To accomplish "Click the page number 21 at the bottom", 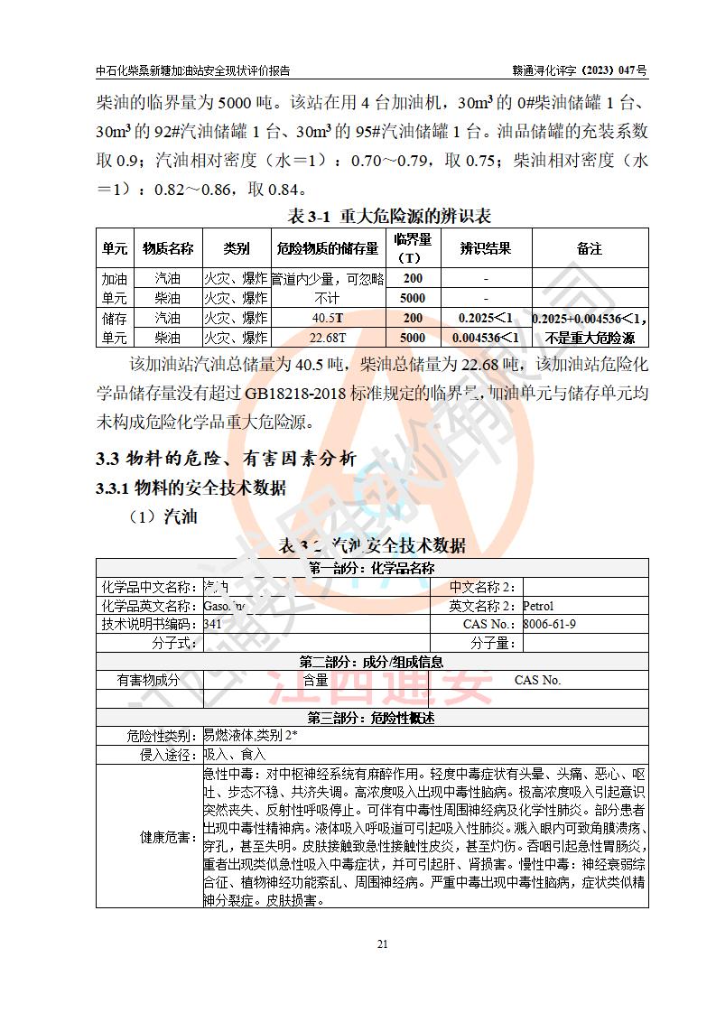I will pyautogui.click(x=382, y=944).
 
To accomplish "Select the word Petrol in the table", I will pyautogui.click(x=538, y=606).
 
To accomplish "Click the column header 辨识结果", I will pyautogui.click(x=486, y=248).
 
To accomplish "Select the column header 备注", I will pyautogui.click(x=590, y=248).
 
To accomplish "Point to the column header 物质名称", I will pyautogui.click(x=168, y=248).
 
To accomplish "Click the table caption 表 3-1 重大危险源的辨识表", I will pyautogui.click(x=388, y=216).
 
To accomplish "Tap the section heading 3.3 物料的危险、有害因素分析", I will pyautogui.click(x=226, y=459).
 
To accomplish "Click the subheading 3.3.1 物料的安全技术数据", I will pyautogui.click(x=191, y=488).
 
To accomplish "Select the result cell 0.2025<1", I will pyautogui.click(x=486, y=318).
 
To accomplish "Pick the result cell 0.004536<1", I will pyautogui.click(x=486, y=338).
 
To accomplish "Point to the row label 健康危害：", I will pyautogui.click(x=169, y=837).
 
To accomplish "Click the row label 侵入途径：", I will pyautogui.click(x=169, y=755).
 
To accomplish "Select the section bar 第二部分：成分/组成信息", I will pyautogui.click(x=371, y=662).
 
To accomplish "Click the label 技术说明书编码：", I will pyautogui.click(x=149, y=624).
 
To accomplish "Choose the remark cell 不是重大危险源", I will pyautogui.click(x=590, y=338).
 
